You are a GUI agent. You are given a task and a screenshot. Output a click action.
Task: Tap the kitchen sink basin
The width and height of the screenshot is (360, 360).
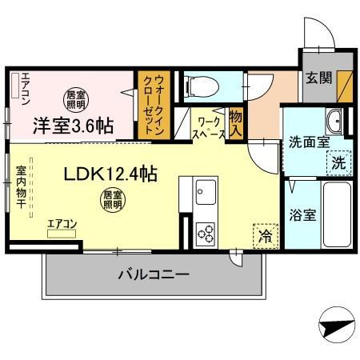point(206,193)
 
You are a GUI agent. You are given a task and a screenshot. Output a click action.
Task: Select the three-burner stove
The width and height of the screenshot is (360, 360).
point(206,233)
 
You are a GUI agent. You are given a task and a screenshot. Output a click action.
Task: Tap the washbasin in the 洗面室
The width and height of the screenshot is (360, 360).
point(334,122)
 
